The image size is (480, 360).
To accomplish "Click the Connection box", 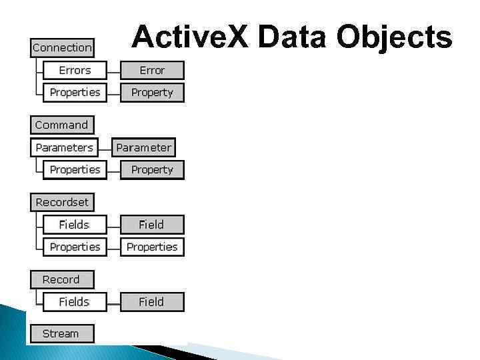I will tap(62, 48).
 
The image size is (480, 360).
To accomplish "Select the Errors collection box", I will tap(75, 70).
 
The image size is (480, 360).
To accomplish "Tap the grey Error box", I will tap(152, 70).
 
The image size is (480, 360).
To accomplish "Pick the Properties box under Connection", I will tap(75, 92).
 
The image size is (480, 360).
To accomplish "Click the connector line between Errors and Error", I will tap(113, 70).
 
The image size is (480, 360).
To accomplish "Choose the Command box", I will tap(62, 125).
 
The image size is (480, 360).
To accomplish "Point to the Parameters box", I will tap(65, 147).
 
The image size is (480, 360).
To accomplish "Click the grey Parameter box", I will tap(143, 147).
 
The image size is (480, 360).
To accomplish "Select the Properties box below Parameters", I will tap(75, 169).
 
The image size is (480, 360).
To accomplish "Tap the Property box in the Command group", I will tap(152, 169).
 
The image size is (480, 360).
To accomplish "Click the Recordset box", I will tap(62, 202).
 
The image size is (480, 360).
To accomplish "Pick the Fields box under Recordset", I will tap(75, 225).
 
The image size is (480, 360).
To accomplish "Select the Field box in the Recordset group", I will tap(152, 225).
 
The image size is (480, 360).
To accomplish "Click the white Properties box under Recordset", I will tap(75, 247).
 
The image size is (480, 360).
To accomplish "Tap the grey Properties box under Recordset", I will tap(152, 247).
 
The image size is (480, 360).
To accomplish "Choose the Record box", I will tap(62, 279).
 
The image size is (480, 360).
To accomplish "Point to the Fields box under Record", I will tap(75, 302).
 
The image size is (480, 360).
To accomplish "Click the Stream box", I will tap(62, 333).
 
